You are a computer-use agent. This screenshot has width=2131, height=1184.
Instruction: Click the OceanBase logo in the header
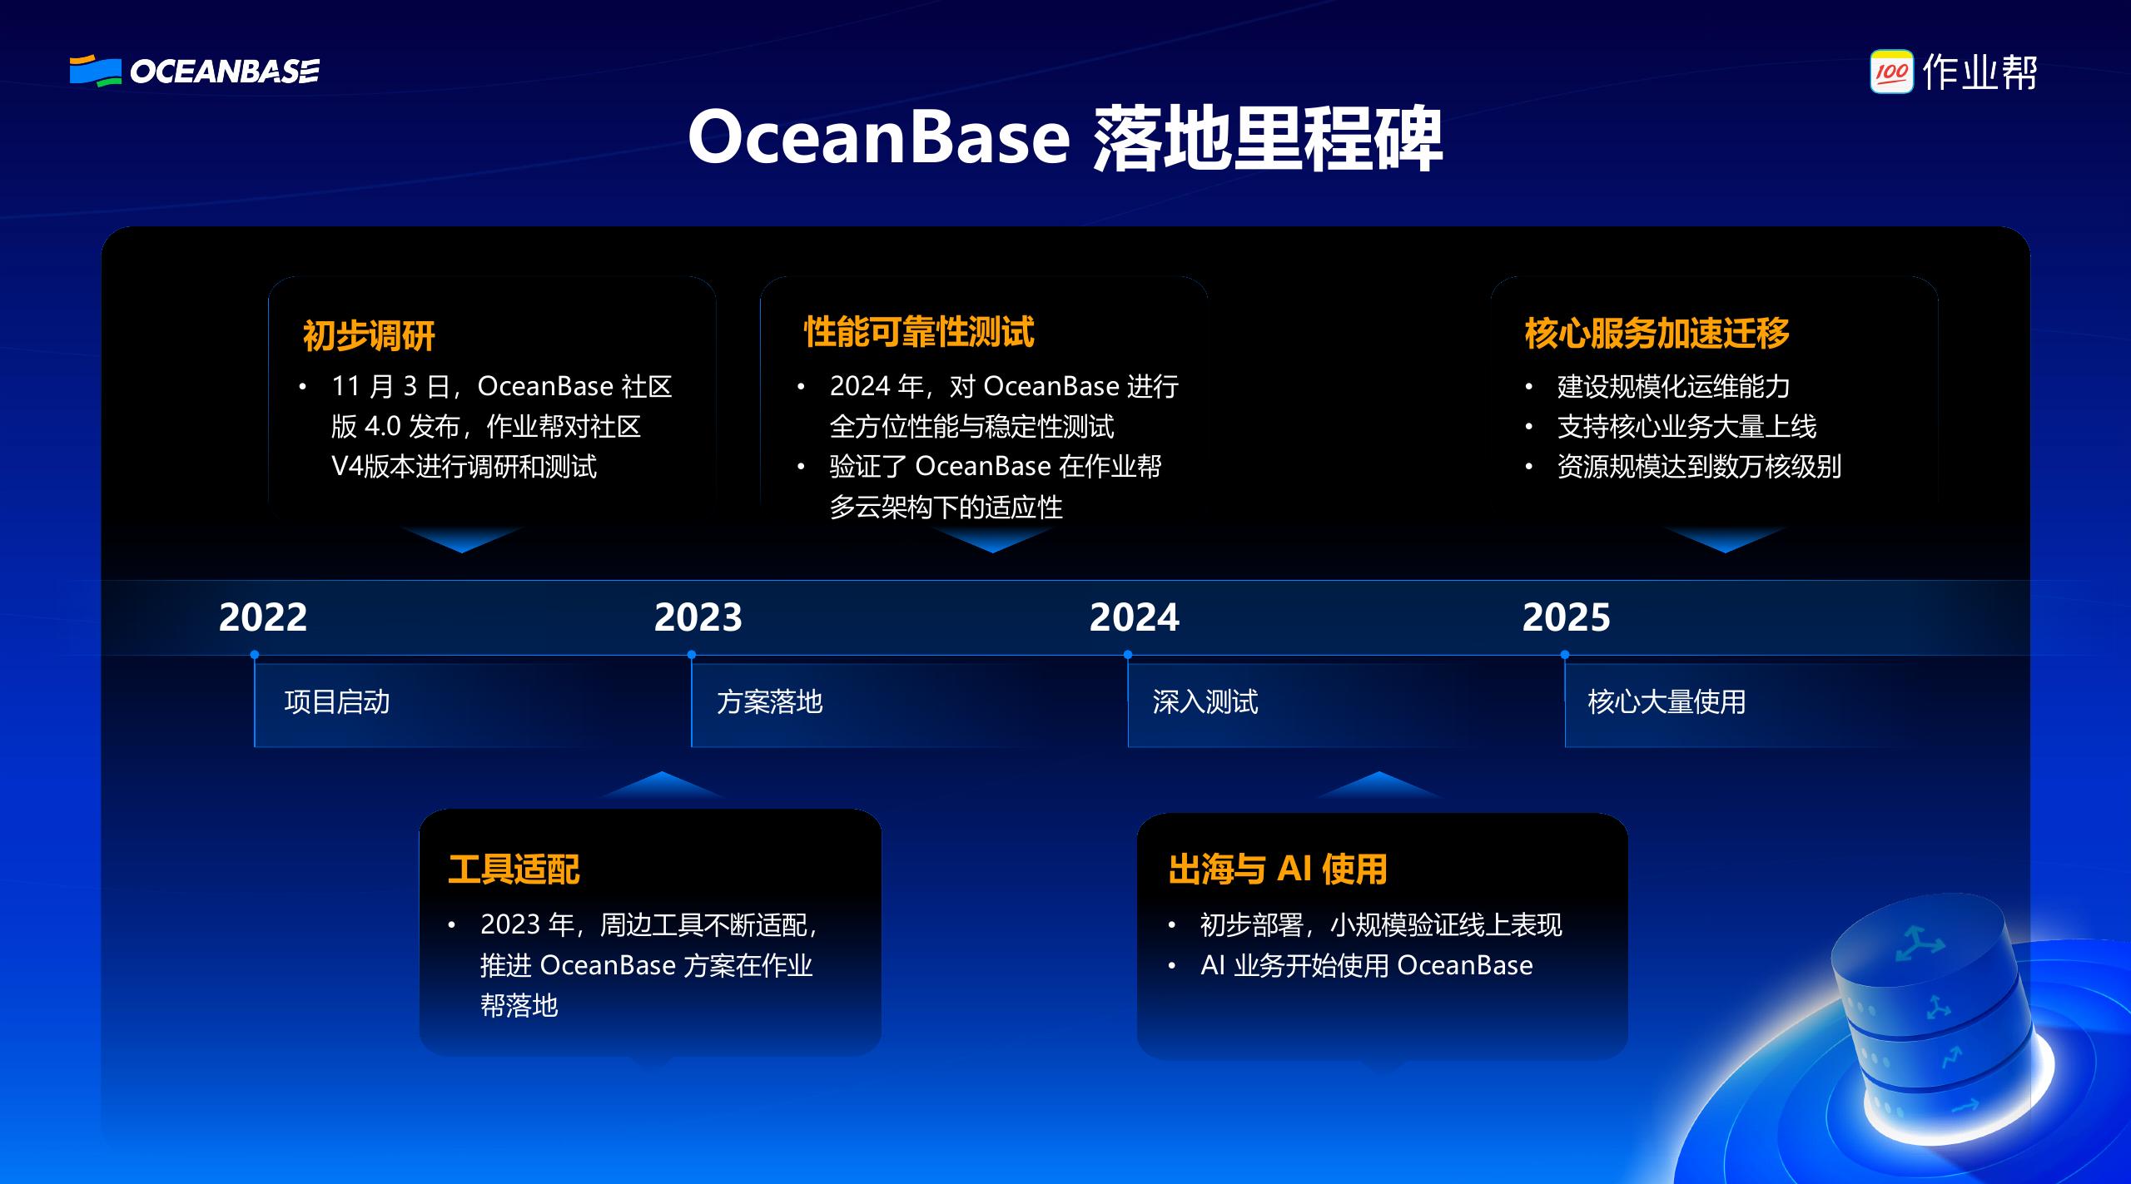coord(194,71)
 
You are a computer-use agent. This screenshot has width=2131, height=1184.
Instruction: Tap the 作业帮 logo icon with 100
coord(1891,72)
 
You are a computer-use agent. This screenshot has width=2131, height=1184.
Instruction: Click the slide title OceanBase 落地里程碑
coord(1065,138)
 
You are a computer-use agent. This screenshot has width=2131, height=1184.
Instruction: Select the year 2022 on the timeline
coord(263,617)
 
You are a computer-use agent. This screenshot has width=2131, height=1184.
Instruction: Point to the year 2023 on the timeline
coord(698,617)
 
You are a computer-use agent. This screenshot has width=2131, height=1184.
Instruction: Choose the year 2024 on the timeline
coord(1134,617)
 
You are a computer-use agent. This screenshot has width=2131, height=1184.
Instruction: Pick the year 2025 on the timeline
coord(1566,617)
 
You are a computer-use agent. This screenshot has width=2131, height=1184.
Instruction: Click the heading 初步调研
coord(369,335)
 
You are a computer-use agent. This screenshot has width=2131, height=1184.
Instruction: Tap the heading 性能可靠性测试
coord(919,332)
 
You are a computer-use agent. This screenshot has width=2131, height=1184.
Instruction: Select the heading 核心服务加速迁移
coord(1657,334)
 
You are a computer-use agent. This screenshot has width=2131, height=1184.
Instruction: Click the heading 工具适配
coord(514,869)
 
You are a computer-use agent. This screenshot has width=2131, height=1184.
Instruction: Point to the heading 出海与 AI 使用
coord(1278,869)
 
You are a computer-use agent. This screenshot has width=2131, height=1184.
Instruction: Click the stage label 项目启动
coord(337,701)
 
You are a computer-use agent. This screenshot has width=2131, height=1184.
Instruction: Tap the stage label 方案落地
coord(769,701)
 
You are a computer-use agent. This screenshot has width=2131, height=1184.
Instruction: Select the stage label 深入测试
coord(1205,701)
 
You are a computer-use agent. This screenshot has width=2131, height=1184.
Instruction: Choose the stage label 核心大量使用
coord(1667,701)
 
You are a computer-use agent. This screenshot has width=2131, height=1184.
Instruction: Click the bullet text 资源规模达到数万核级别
coord(1699,467)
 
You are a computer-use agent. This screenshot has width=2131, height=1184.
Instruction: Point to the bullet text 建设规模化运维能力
coord(1673,386)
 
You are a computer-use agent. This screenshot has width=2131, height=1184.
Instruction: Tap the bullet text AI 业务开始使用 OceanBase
coord(1366,965)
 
